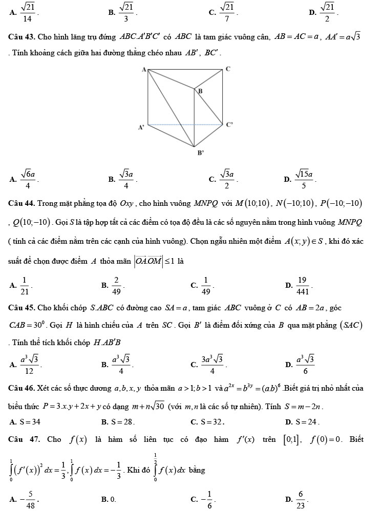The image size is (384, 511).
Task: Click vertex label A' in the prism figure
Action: [x=140, y=127]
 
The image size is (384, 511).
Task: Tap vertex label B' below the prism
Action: [x=201, y=152]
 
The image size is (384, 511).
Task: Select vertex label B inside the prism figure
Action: [x=200, y=91]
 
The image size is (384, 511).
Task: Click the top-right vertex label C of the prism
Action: [x=228, y=68]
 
